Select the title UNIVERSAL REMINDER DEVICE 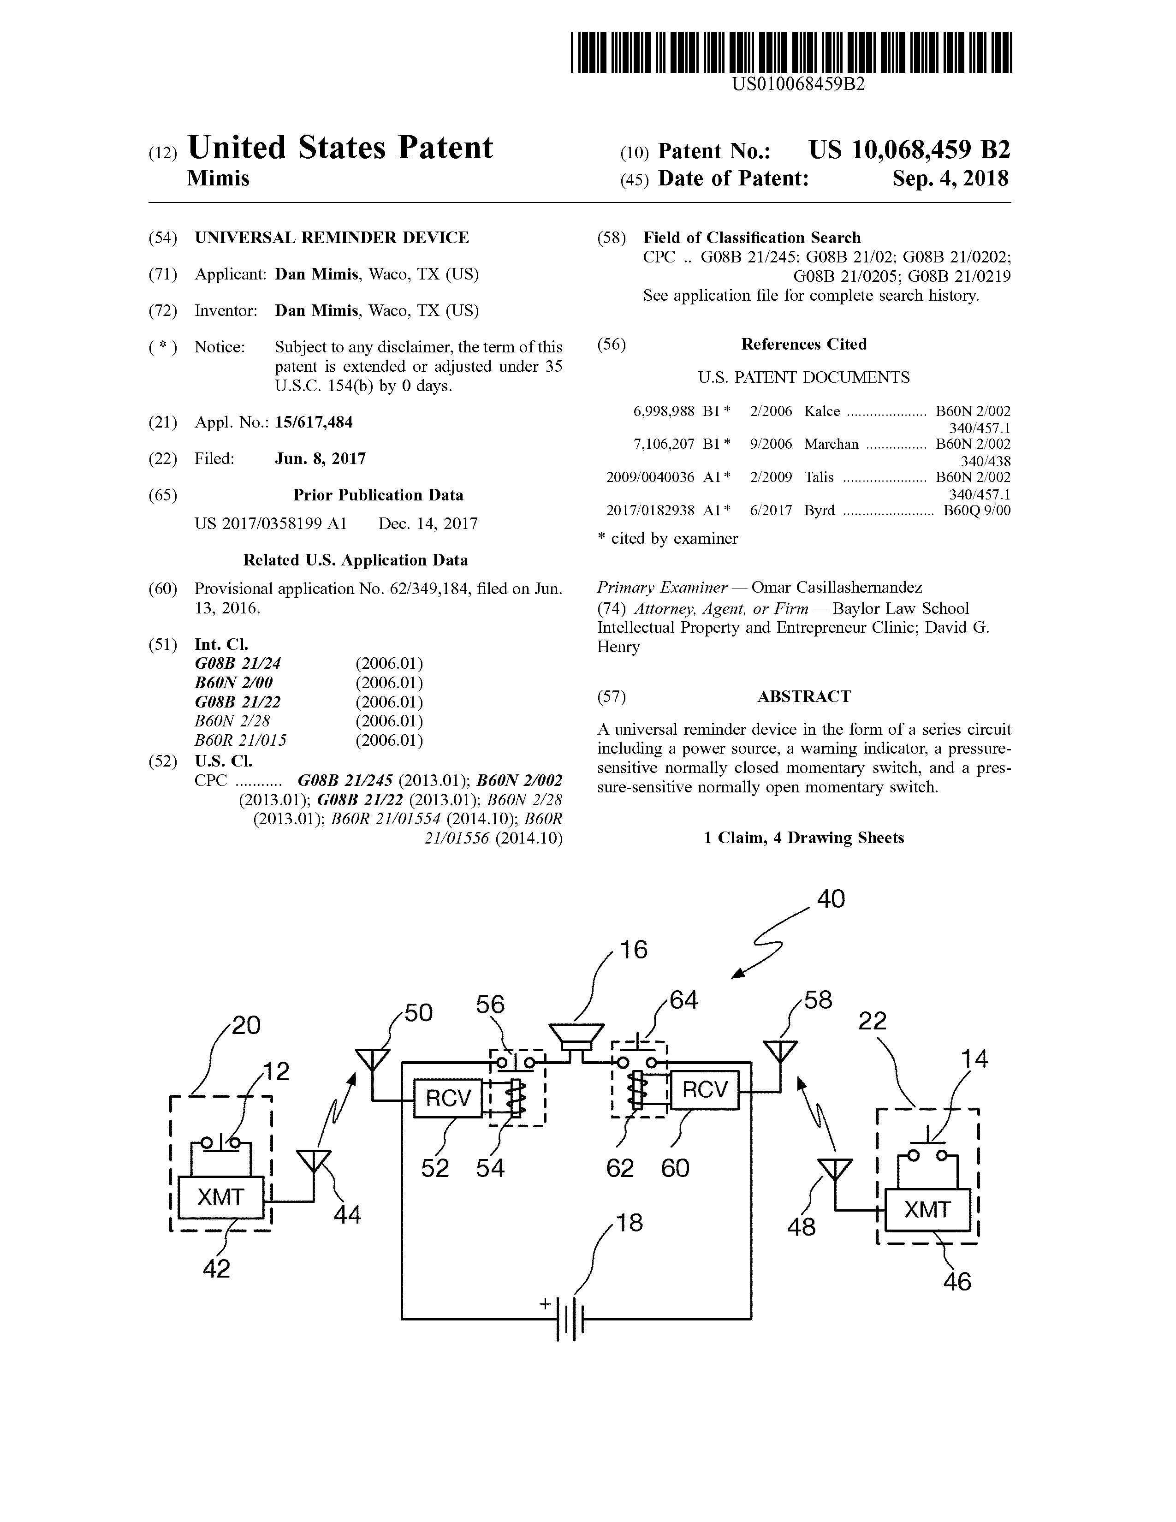(x=332, y=238)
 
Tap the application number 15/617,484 (x=314, y=422)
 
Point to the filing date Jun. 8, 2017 (x=320, y=458)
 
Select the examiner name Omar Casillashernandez (x=837, y=588)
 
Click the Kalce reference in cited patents (x=822, y=411)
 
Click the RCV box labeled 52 (x=448, y=1098)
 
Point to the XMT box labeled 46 (x=927, y=1210)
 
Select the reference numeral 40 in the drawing (x=831, y=899)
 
